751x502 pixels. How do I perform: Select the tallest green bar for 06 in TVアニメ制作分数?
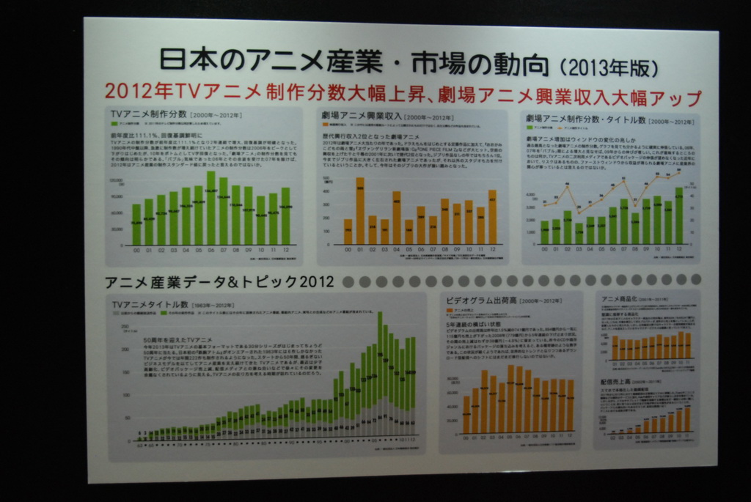(x=210, y=208)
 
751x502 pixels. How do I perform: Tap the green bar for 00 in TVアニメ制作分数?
(x=136, y=224)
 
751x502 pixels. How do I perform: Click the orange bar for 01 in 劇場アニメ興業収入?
(x=359, y=211)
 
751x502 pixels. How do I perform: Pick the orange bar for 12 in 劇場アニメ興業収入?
(x=492, y=218)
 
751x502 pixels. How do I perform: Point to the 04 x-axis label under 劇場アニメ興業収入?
(x=396, y=250)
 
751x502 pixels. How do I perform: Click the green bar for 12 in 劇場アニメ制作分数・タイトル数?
(x=679, y=216)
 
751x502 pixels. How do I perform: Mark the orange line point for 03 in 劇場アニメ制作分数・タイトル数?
(x=579, y=210)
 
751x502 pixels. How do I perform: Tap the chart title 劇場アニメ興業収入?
(x=360, y=116)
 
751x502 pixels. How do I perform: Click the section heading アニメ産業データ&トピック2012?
(x=219, y=282)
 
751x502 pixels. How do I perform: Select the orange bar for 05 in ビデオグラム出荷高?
(x=510, y=399)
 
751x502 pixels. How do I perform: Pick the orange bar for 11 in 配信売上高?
(x=687, y=419)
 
